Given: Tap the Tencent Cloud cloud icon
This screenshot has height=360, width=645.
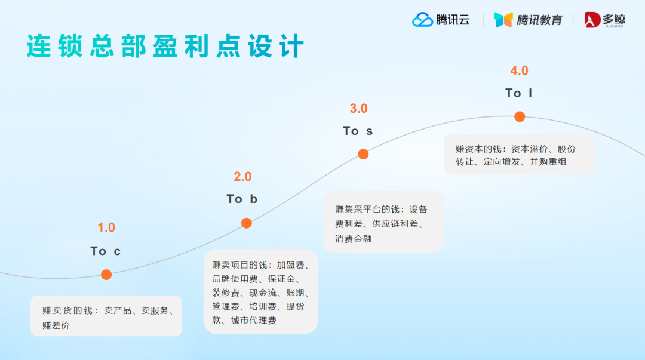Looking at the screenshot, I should click(422, 20).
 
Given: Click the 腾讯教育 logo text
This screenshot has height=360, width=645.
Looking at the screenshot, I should click(539, 20).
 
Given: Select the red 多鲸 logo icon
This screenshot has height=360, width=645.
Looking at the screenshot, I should click(592, 20).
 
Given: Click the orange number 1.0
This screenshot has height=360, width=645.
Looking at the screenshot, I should click(106, 227).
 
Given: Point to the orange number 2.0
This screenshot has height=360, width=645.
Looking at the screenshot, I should click(242, 177).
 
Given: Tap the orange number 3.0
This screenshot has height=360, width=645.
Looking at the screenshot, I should click(358, 109).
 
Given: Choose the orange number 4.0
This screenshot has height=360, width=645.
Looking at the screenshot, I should click(519, 70).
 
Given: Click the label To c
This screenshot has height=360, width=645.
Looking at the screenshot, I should click(106, 251).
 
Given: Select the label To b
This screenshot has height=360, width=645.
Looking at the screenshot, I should click(242, 199).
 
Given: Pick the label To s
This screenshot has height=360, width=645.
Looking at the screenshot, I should click(358, 131).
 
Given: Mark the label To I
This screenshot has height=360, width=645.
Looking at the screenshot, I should click(518, 93).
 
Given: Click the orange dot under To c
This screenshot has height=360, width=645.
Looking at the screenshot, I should click(106, 275).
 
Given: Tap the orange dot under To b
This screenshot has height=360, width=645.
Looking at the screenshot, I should click(246, 223).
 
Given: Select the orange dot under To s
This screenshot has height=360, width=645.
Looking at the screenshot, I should click(363, 154).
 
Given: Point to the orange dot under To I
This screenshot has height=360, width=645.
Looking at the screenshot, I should click(520, 116).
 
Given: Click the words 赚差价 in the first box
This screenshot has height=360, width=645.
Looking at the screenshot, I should click(56, 325).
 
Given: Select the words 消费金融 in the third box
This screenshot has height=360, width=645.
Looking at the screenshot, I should click(354, 239).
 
